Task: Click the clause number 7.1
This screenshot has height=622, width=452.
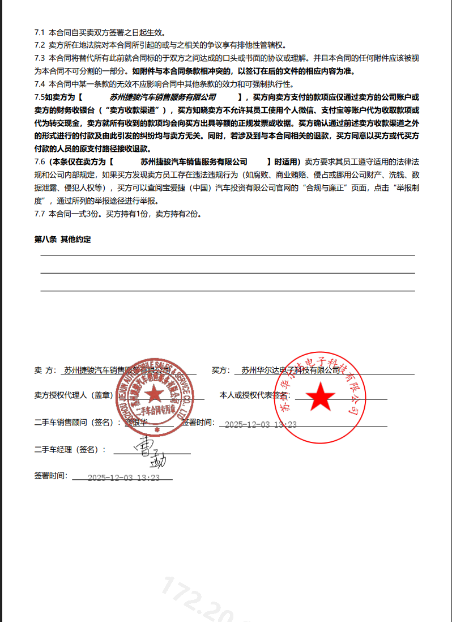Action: pos(40,33)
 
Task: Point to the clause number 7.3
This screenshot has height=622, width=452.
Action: pos(40,58)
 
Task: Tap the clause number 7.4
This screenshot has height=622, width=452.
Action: pos(40,84)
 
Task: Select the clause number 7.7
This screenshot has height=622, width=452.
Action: pos(40,214)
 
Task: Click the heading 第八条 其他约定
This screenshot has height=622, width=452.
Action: pos(62,240)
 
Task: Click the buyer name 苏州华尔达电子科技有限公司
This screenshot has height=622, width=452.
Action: pos(291,370)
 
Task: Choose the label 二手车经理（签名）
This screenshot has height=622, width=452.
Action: pos(70,449)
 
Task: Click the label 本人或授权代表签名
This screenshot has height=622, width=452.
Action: pos(255,395)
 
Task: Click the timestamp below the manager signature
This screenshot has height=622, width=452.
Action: pos(123,478)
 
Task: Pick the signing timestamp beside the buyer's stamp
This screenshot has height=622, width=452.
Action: pos(261,424)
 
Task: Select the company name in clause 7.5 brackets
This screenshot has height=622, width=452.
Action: pos(163,97)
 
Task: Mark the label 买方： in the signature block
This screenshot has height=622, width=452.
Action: pos(220,370)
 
